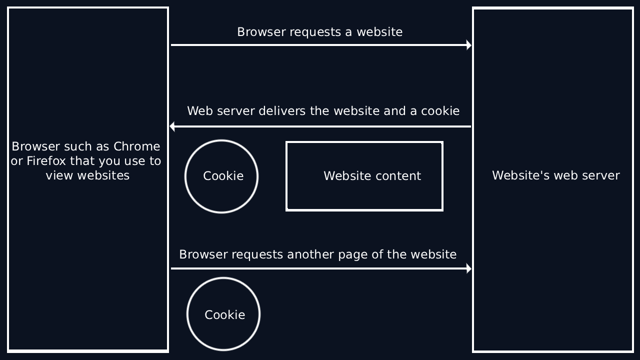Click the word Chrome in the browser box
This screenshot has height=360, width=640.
click(x=136, y=146)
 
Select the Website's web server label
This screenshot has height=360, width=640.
click(x=555, y=175)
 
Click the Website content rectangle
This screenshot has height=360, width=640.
click(x=364, y=176)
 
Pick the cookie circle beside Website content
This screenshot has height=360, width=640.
click(x=221, y=176)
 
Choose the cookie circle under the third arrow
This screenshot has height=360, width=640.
click(x=223, y=314)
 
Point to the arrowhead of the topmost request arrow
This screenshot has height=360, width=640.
click(x=468, y=45)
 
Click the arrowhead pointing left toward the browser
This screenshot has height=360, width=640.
click(x=172, y=126)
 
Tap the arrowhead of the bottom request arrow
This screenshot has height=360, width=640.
click(x=468, y=269)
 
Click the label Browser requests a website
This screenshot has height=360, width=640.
click(x=319, y=32)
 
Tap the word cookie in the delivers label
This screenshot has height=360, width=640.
click(x=440, y=111)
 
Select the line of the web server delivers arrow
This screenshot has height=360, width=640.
click(x=320, y=126)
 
